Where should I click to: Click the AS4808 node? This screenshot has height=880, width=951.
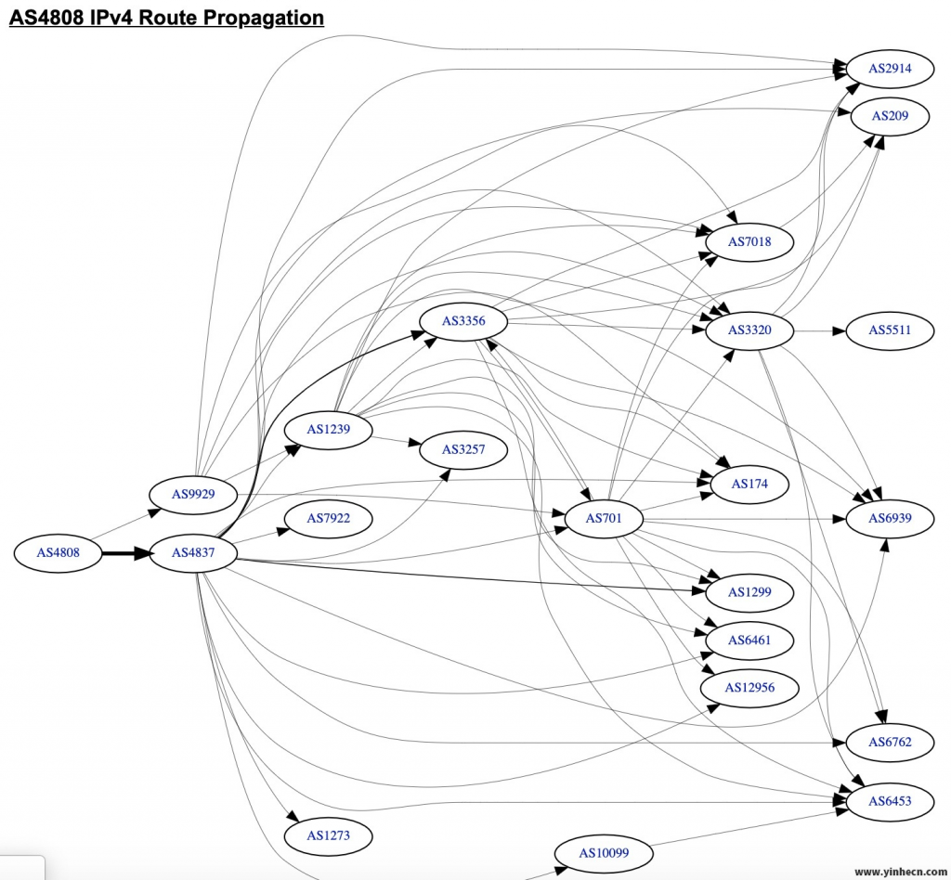58,553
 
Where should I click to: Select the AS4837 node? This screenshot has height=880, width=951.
193,553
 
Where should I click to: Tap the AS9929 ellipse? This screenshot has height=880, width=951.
193,494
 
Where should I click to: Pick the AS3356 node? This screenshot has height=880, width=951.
463,322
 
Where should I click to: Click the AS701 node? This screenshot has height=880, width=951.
604,518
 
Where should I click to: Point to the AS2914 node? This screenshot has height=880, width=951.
890,69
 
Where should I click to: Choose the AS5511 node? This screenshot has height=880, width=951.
890,330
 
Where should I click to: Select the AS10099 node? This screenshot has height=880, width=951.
604,853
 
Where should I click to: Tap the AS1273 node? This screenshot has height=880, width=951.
328,835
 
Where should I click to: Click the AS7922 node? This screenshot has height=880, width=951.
328,518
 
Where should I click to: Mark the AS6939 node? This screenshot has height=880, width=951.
890,518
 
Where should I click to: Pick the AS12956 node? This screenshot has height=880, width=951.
749,688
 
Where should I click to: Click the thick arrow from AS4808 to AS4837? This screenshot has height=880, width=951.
124,553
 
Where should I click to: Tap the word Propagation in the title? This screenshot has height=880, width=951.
251,18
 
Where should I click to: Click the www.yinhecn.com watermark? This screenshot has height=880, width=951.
899,872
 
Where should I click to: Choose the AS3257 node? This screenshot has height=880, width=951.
463,450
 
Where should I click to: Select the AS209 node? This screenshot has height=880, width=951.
890,116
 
